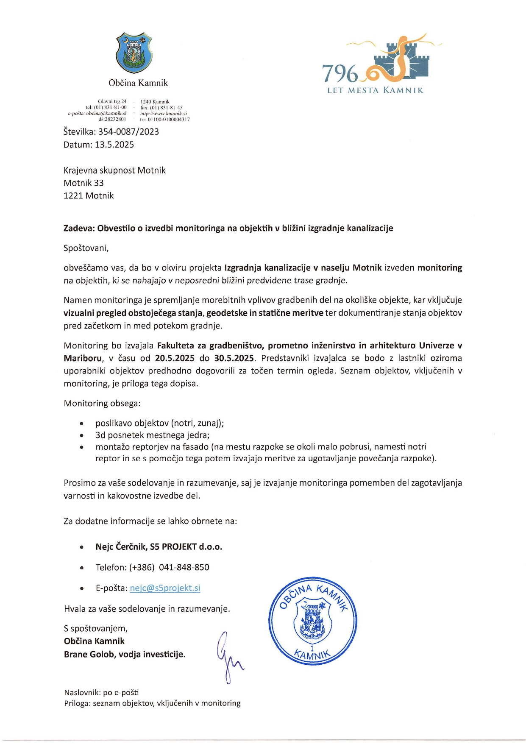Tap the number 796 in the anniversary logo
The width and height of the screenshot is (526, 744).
(x=340, y=73)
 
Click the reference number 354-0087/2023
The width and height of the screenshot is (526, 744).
(x=128, y=132)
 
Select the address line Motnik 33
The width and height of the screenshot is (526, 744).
(x=83, y=183)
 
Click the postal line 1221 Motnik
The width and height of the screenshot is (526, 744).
(x=89, y=196)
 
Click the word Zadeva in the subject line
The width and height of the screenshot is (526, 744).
(x=79, y=228)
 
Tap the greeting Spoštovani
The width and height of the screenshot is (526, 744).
(x=86, y=248)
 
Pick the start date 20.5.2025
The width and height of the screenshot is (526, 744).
(x=175, y=358)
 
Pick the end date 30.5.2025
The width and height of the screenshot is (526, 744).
(x=234, y=358)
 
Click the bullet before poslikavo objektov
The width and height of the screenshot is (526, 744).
(x=81, y=424)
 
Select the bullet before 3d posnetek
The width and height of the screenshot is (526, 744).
(x=81, y=435)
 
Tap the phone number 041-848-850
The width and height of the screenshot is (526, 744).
(x=184, y=568)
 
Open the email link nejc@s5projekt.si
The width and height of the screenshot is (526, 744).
(x=165, y=588)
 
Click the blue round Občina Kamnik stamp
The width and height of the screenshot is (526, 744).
(x=312, y=621)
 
